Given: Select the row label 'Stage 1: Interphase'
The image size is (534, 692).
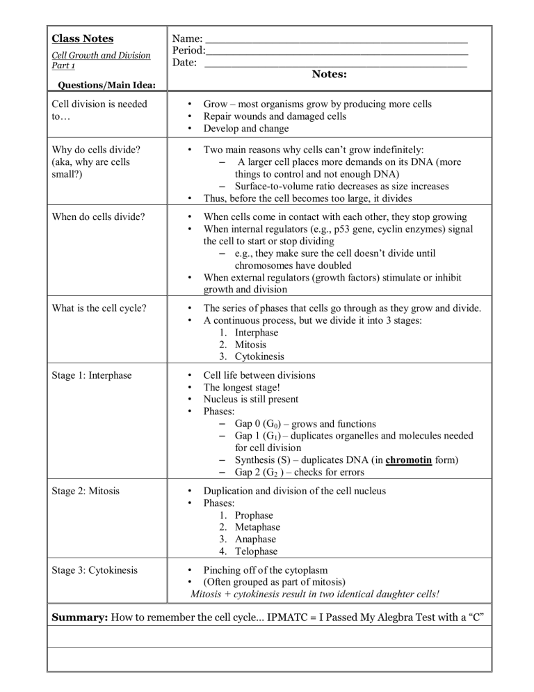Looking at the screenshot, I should tap(96, 375).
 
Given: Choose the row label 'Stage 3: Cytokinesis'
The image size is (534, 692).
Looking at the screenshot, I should tap(98, 570).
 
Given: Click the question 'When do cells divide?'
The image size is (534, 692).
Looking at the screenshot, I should tap(99, 217).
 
